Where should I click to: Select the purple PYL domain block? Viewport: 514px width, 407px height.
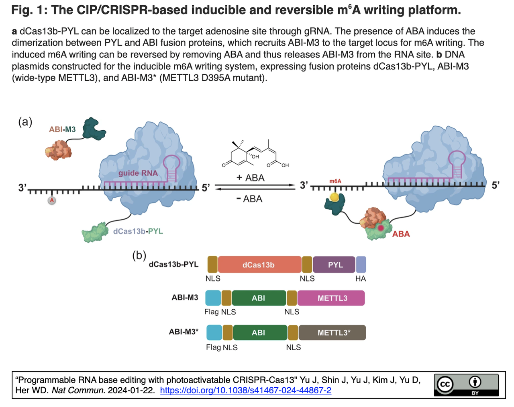(x=334, y=264)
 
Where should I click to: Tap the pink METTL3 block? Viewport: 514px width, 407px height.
(x=331, y=298)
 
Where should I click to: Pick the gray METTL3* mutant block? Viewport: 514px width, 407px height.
(x=332, y=332)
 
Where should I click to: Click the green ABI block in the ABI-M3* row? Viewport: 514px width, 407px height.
(x=260, y=332)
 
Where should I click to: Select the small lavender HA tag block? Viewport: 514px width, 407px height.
(x=361, y=264)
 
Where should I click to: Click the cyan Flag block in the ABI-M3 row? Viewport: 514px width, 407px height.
(x=213, y=298)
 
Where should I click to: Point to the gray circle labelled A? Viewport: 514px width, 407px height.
(x=52, y=201)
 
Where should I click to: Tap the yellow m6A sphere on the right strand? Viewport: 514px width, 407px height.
(x=334, y=197)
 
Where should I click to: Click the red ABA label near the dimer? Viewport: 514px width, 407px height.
(x=401, y=234)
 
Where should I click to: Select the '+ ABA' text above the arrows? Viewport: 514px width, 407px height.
(x=250, y=178)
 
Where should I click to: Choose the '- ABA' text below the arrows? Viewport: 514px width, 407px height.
(x=249, y=199)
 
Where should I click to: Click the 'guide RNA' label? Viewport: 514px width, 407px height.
(x=138, y=173)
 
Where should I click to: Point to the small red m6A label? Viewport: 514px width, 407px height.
(x=335, y=181)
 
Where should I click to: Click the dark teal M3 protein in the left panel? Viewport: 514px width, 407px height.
(x=94, y=129)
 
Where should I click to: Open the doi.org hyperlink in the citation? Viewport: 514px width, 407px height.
(x=245, y=391)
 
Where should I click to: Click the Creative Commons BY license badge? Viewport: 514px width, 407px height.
(x=466, y=385)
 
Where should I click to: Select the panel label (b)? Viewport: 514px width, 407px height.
(x=139, y=255)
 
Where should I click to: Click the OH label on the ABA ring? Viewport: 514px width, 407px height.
(x=255, y=157)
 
